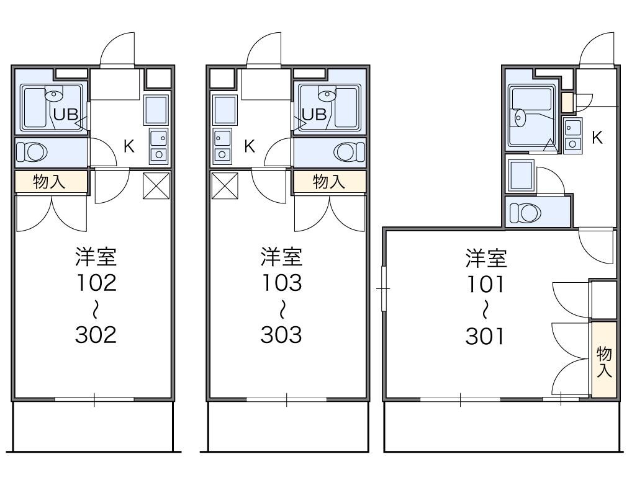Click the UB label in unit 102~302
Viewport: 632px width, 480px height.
[65, 114]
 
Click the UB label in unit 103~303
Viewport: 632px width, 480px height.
[314, 114]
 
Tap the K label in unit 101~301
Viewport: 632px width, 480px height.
[597, 138]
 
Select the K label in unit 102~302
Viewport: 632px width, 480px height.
[129, 147]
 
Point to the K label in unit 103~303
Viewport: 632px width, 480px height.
[249, 147]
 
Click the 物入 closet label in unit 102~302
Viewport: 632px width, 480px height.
[50, 182]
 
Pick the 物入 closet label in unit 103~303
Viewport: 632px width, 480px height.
[329, 182]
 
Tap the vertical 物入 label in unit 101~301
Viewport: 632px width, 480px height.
[604, 362]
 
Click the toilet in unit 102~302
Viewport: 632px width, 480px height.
[32, 152]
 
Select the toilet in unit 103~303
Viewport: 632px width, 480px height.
[348, 152]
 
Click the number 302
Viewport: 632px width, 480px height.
[96, 335]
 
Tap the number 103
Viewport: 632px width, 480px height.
[281, 283]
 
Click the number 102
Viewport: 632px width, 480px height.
[96, 283]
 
